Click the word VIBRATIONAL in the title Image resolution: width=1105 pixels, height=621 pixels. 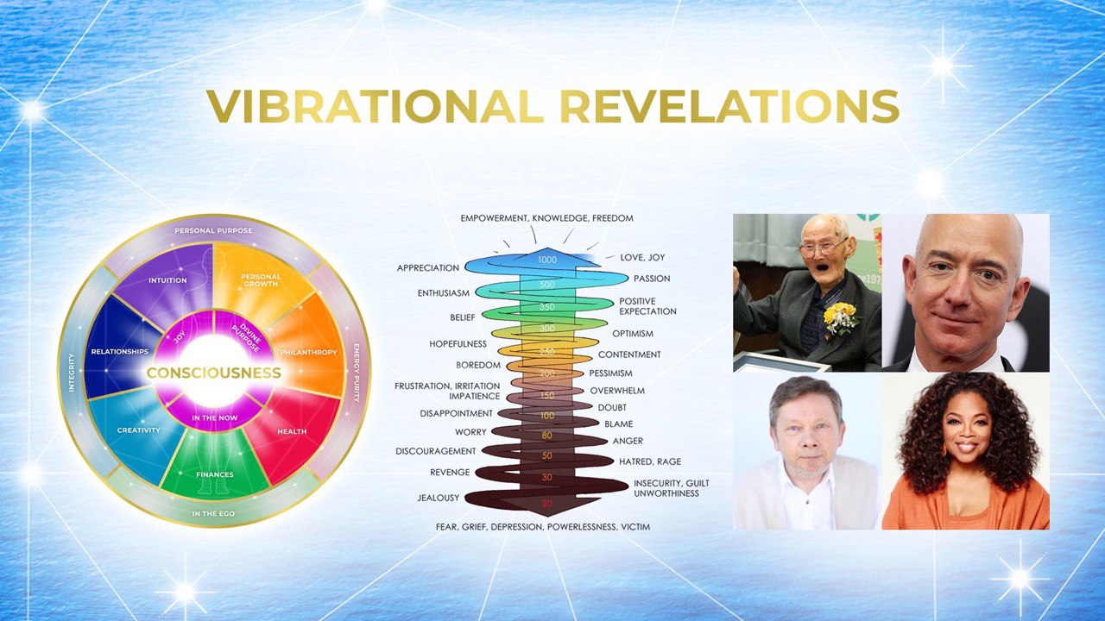coord(376,106)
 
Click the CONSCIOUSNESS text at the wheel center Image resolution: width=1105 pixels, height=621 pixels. coord(213,373)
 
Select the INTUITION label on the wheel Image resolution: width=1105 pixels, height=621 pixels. coord(167,280)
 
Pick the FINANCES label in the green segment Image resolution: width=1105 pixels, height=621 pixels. coord(215,474)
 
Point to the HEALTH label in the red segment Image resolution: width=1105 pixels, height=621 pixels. coord(292,431)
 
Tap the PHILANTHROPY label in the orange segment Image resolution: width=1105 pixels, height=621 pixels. coord(308,353)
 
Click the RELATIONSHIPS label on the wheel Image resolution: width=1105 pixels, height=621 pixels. coord(120,352)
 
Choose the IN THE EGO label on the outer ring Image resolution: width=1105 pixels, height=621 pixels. coord(213,513)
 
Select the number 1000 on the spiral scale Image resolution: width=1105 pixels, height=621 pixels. coord(547,260)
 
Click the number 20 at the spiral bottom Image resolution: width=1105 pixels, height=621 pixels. coord(547,504)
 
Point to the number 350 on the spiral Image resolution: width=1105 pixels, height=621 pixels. coord(547,306)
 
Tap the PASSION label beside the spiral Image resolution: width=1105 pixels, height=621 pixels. coord(652,279)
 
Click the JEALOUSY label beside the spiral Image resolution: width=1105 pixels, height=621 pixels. coord(438,498)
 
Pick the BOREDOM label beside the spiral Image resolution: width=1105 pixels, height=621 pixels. coord(478,365)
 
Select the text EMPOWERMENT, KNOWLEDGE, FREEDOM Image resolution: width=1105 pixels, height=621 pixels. coord(546,218)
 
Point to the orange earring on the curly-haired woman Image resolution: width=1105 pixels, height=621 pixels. coord(945,449)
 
